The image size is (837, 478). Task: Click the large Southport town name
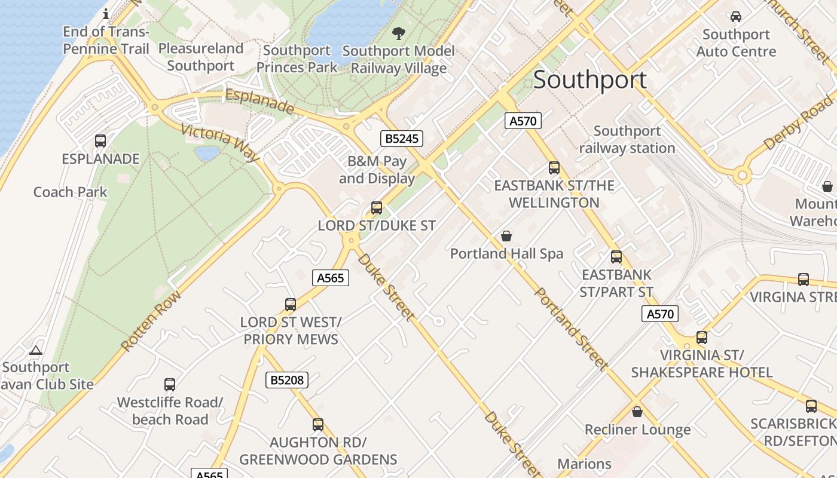[x=589, y=80]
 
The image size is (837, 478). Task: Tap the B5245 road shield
[x=402, y=139]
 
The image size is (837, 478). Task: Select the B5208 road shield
[x=287, y=379]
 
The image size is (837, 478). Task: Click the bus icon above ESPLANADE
[x=100, y=142]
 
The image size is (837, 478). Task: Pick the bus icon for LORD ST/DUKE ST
[x=377, y=208]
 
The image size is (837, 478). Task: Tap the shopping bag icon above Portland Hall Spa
[x=506, y=236]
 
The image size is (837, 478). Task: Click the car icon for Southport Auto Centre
[x=736, y=17]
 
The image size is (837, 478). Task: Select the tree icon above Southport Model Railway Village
[x=398, y=33]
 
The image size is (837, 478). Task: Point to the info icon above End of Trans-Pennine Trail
[x=106, y=14]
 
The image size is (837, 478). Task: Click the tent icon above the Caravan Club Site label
[x=36, y=350]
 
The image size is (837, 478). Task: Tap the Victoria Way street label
[x=219, y=143]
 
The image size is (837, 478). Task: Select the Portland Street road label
[x=571, y=329]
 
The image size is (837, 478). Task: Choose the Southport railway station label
[x=627, y=139]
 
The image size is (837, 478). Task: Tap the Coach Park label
[x=71, y=192]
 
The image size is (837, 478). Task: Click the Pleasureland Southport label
[x=201, y=57]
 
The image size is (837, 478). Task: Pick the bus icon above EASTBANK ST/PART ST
[x=616, y=257]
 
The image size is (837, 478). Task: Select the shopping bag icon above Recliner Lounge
[x=637, y=412]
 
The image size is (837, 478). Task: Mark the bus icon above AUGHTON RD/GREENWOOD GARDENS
[x=318, y=425]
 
